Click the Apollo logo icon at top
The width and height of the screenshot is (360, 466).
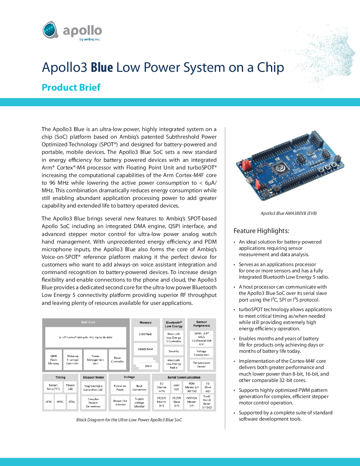(50, 30)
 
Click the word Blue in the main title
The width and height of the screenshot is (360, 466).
(102, 68)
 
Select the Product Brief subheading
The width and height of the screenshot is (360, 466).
(71, 87)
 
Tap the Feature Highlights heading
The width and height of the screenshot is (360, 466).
(261, 231)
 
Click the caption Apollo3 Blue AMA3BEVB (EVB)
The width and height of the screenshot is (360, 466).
(289, 213)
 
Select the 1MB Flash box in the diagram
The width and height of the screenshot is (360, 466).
(145, 334)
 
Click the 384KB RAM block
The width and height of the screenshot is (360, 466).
(145, 349)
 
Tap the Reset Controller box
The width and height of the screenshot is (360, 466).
(117, 360)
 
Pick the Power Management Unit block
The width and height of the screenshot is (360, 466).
(95, 360)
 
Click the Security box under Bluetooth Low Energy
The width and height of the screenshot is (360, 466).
(174, 351)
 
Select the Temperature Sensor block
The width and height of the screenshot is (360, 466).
(202, 364)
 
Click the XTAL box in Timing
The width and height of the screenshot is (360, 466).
(72, 402)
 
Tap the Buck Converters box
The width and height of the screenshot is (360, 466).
(139, 388)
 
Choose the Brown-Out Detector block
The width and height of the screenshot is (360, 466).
(120, 403)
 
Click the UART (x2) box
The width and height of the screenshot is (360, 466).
(176, 387)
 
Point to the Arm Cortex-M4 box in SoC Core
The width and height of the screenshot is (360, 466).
(86, 337)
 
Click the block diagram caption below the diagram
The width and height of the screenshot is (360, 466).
(129, 420)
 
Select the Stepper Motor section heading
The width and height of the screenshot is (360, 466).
(93, 377)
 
